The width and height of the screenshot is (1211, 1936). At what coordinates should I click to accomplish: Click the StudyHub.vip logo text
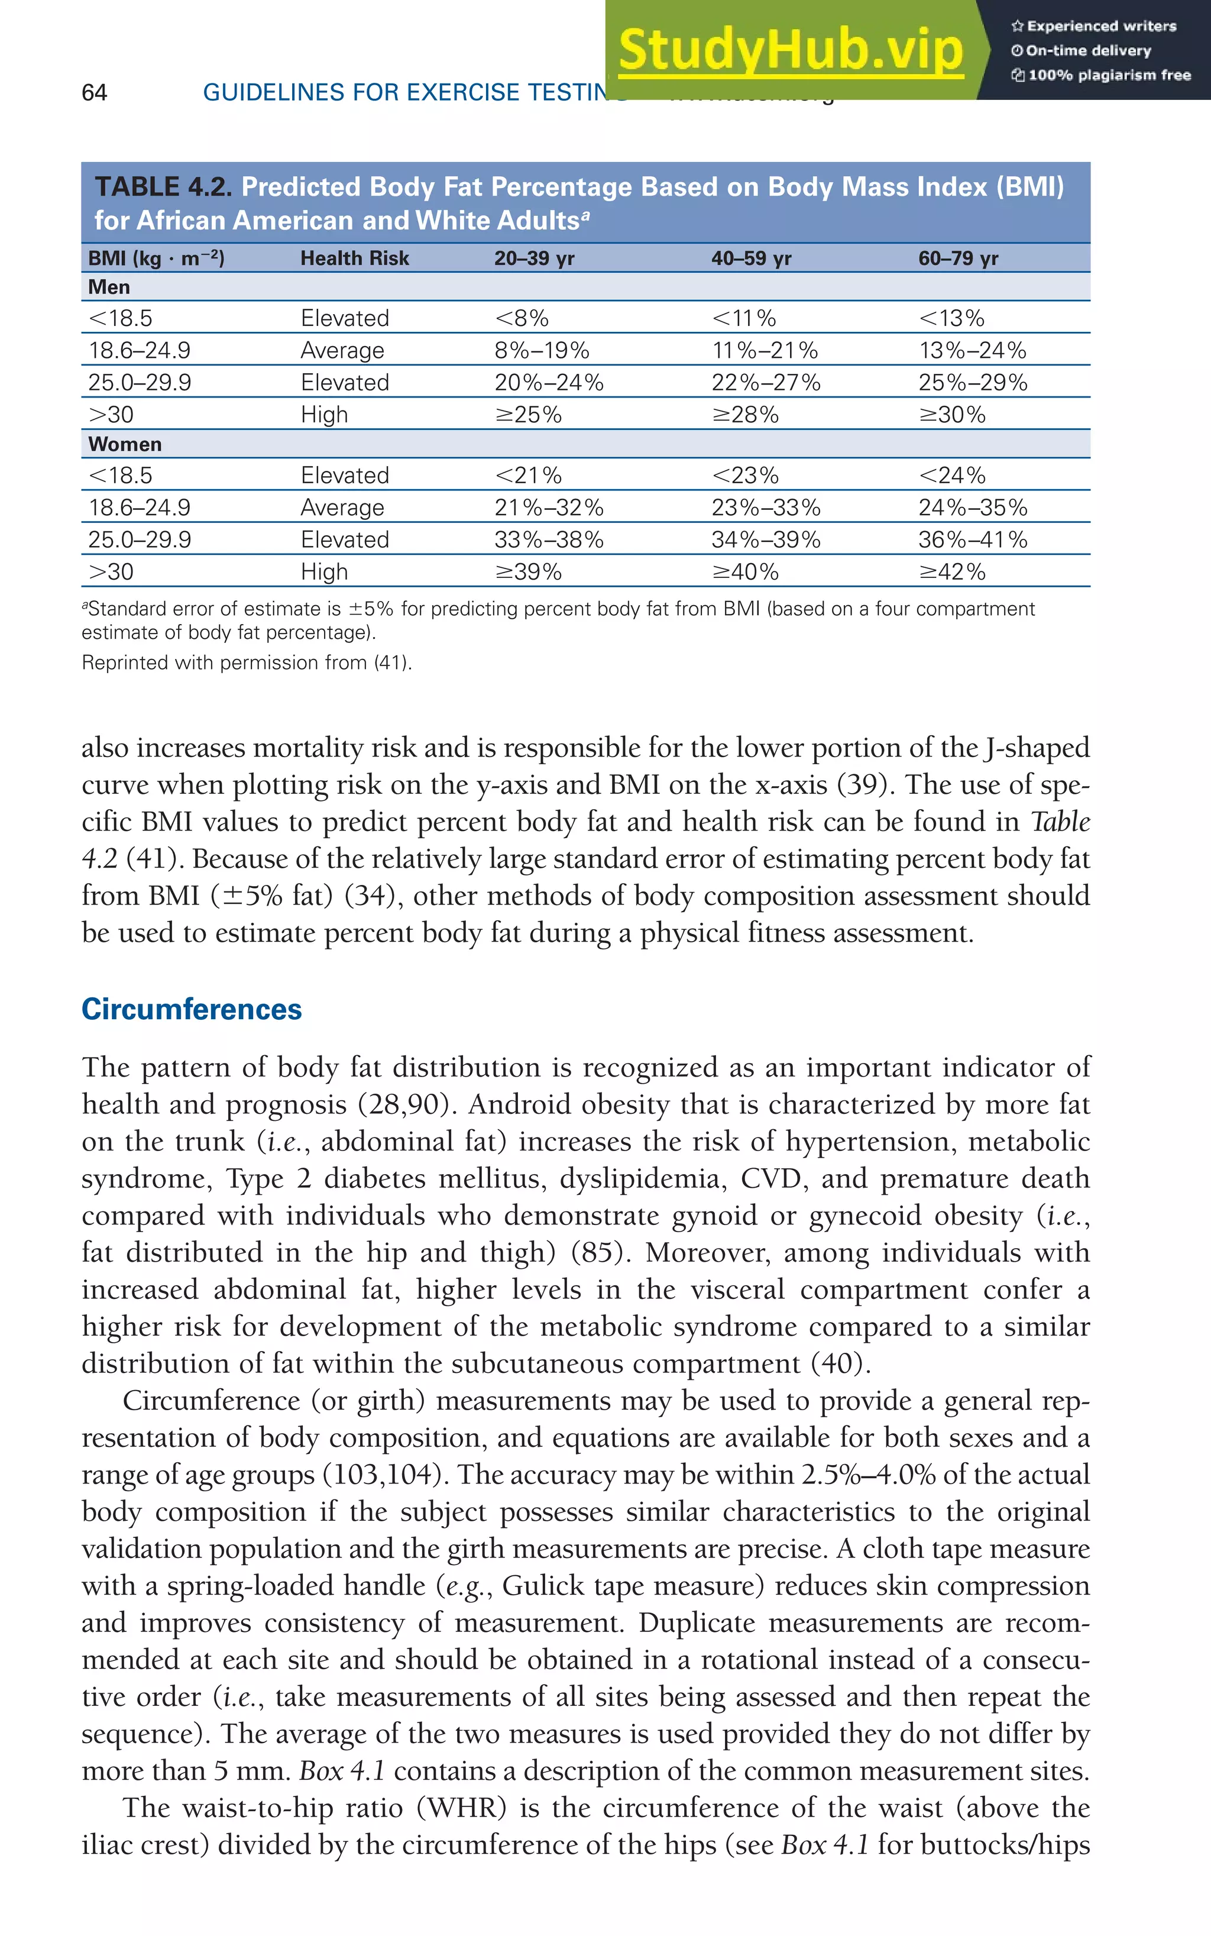(x=791, y=50)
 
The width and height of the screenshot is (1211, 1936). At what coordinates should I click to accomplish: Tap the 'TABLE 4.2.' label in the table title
(x=163, y=187)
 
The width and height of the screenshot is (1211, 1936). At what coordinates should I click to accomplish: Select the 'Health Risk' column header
(x=354, y=258)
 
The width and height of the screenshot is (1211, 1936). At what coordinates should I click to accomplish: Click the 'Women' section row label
(x=125, y=444)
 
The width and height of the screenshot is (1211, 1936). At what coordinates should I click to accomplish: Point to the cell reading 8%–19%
(x=542, y=350)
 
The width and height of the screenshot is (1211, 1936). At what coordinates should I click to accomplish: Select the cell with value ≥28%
(x=745, y=414)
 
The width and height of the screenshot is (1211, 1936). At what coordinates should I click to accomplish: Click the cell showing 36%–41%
(x=972, y=539)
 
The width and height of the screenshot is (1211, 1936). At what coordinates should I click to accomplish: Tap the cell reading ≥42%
(x=951, y=571)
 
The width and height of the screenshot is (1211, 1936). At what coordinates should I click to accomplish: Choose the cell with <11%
(x=744, y=318)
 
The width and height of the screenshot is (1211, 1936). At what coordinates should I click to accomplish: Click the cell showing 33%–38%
(x=549, y=539)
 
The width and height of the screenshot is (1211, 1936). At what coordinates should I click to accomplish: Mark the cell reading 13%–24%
(x=972, y=350)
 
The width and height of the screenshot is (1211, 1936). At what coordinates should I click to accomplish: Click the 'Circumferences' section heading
(x=192, y=1009)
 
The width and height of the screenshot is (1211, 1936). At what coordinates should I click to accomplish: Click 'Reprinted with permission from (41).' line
(x=247, y=662)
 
